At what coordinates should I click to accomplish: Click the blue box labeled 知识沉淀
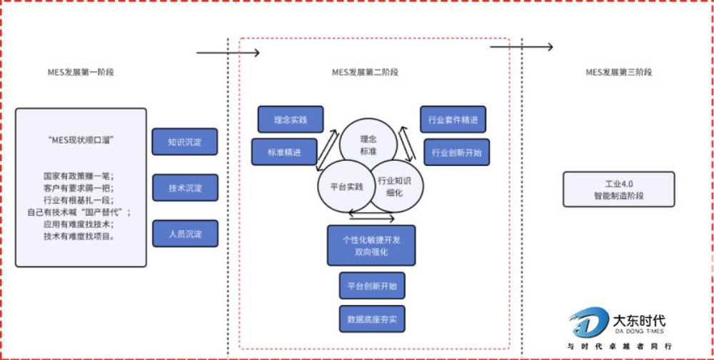pyautogui.click(x=184, y=141)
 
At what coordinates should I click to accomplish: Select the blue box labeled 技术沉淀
pyautogui.click(x=184, y=188)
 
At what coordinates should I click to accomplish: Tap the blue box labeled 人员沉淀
pyautogui.click(x=184, y=234)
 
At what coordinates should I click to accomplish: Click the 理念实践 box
pyautogui.click(x=290, y=119)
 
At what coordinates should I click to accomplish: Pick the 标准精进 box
pyautogui.click(x=283, y=152)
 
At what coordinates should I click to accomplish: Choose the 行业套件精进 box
pyautogui.click(x=453, y=119)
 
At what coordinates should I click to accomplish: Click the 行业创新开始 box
pyautogui.click(x=456, y=152)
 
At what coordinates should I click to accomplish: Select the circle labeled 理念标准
pyautogui.click(x=368, y=144)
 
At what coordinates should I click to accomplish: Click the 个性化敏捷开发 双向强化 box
pyautogui.click(x=371, y=245)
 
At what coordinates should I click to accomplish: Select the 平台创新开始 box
pyautogui.click(x=371, y=286)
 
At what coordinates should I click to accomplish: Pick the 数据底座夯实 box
pyautogui.click(x=371, y=319)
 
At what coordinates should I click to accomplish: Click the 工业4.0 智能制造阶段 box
pyautogui.click(x=618, y=189)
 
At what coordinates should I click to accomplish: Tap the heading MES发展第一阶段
pyautogui.click(x=80, y=72)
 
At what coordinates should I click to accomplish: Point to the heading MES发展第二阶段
pyautogui.click(x=365, y=72)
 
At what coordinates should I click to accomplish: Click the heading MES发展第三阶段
pyautogui.click(x=618, y=72)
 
